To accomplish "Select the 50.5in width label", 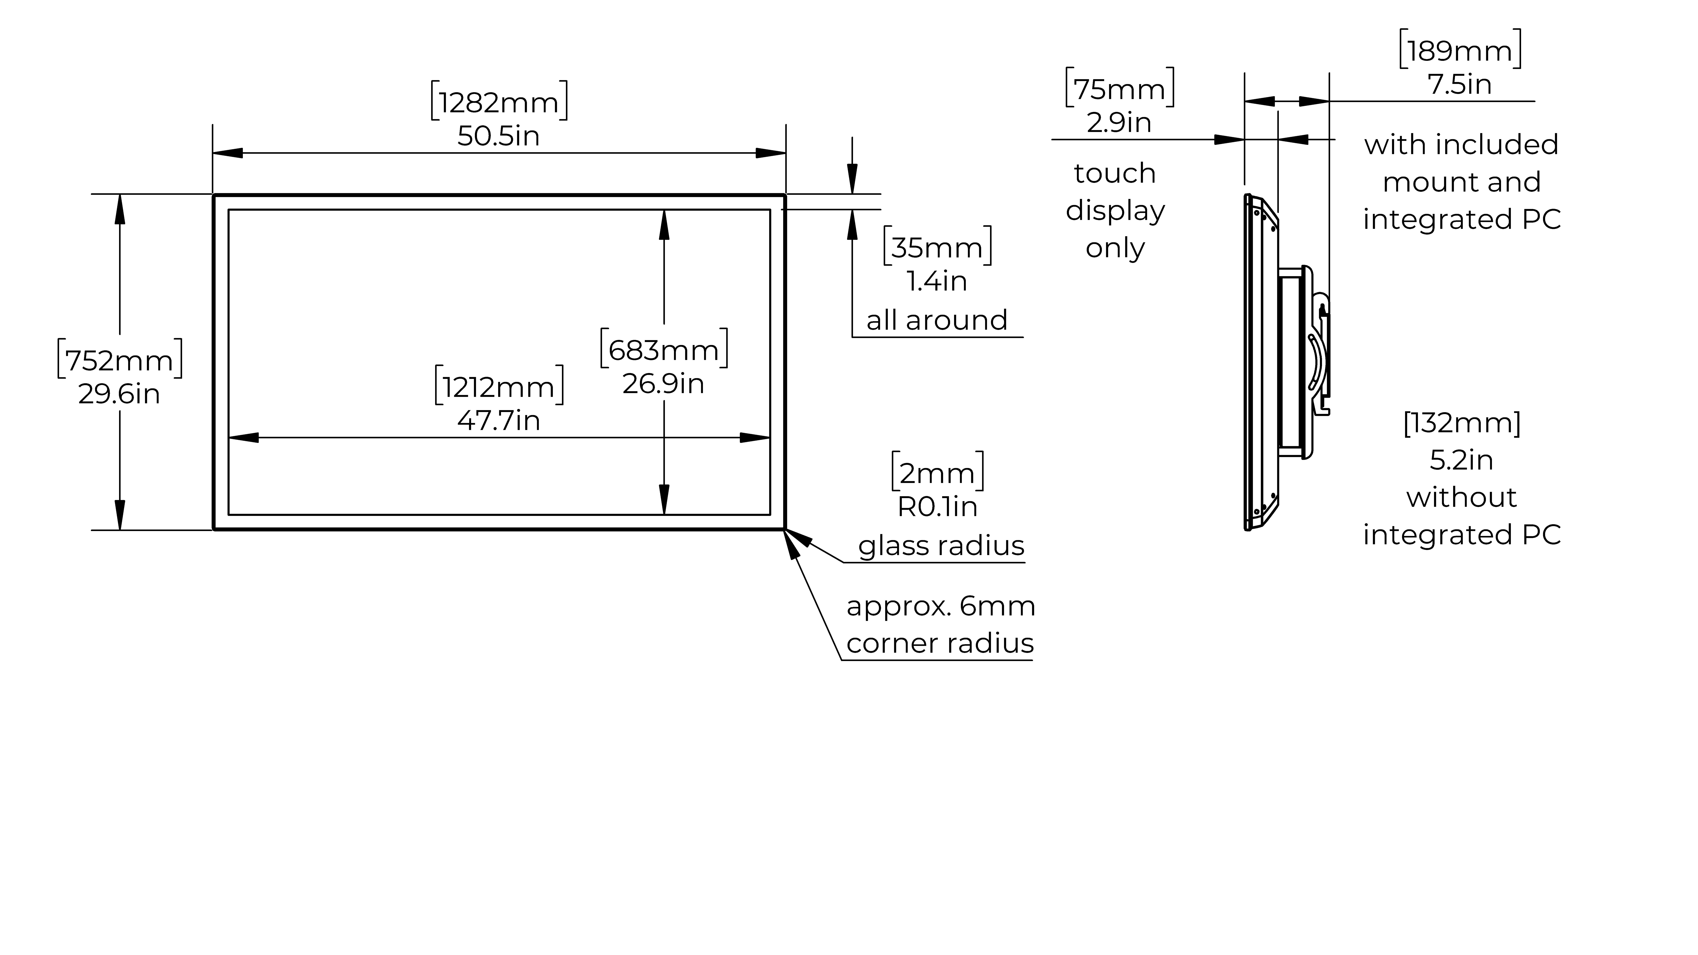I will pos(498,136).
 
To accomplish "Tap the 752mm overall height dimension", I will pos(119,360).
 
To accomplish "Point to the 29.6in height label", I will pos(119,394).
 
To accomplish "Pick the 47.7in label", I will pos(499,420).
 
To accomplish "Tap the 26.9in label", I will pos(664,384).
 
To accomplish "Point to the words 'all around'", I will pos(937,320).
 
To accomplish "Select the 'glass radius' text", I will pos(941,546).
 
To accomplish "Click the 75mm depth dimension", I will pos(1119,89).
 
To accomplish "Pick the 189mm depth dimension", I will pos(1460,51).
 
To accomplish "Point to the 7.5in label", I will pos(1460,84).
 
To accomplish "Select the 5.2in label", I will pos(1461,460).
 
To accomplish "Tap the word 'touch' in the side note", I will pos(1115,173).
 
